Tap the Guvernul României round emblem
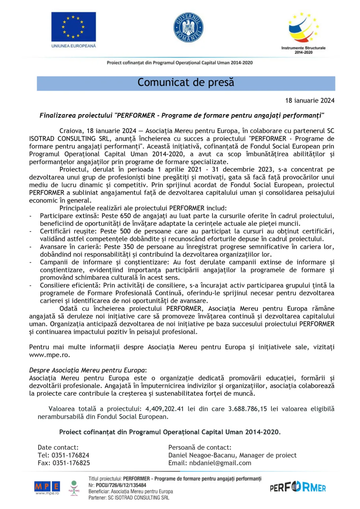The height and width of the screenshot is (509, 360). pos(188,28)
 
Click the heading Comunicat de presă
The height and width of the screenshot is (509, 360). pos(186,83)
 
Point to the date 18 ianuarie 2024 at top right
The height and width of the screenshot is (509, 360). pos(309,100)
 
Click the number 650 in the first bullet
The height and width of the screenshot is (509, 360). pos(125,216)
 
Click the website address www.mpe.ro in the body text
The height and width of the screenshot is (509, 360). pos(49,355)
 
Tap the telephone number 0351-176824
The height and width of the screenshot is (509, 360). pos(70,455)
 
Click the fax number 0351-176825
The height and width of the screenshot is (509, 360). pos(71,463)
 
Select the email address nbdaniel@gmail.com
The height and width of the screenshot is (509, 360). pos(220,463)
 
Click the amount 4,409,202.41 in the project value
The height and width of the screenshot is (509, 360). pos(164,409)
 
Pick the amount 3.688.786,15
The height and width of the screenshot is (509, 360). pos(247,409)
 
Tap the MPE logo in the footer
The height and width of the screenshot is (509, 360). pos(47,487)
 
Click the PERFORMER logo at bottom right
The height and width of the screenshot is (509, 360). pos(298,487)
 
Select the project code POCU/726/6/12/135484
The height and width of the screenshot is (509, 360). pos(121,485)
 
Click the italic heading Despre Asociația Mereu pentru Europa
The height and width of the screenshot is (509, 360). pos(87,371)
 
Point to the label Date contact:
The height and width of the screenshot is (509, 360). pos(58,448)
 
